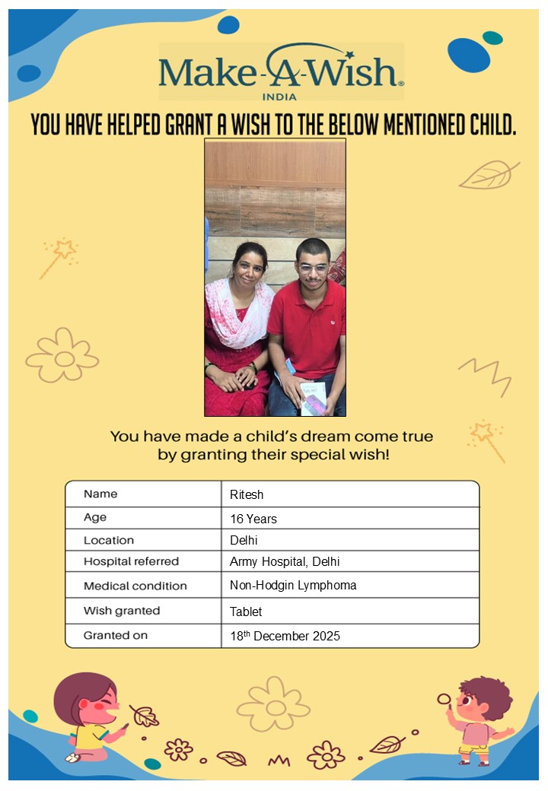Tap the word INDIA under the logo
(x=279, y=97)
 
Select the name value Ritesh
(x=247, y=494)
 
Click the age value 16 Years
(x=253, y=519)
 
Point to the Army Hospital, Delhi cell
(x=285, y=562)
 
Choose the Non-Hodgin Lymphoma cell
(x=293, y=586)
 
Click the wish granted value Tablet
(x=246, y=612)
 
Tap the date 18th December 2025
(x=285, y=636)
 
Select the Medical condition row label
(x=135, y=586)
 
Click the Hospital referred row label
(x=131, y=562)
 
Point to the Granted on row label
(x=116, y=635)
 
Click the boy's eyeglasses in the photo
(x=312, y=268)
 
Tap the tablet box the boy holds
(x=314, y=397)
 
